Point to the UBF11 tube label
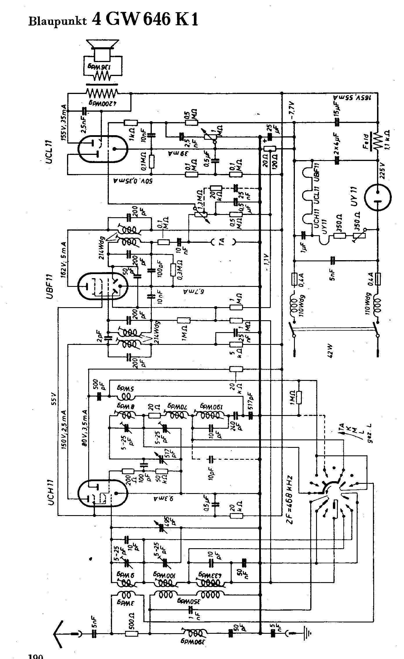49,285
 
